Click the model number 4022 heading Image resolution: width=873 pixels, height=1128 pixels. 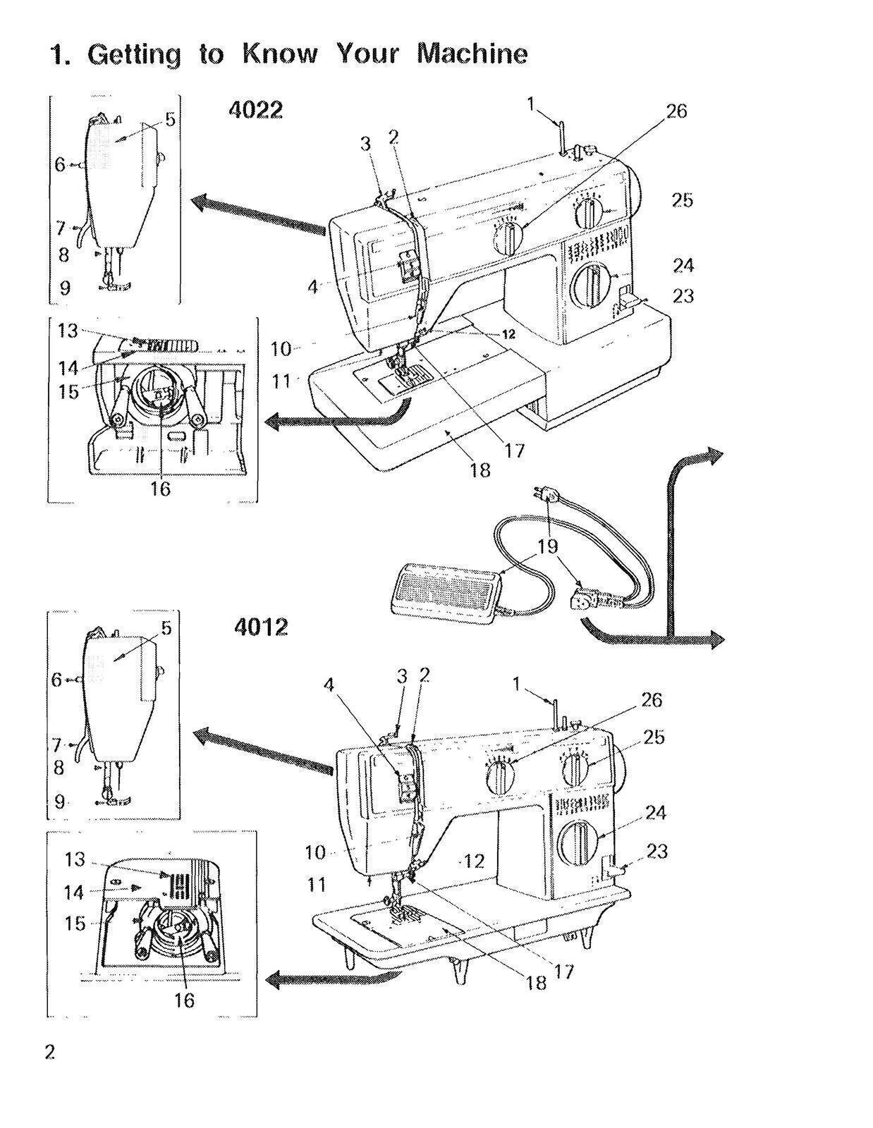(256, 111)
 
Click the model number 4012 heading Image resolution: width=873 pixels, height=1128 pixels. (260, 627)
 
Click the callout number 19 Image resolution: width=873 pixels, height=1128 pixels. (548, 546)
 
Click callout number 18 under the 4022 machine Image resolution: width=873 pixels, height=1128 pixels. (480, 470)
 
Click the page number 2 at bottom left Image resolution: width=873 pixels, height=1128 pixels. (50, 1053)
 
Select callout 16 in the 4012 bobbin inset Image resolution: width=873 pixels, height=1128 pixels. (184, 1000)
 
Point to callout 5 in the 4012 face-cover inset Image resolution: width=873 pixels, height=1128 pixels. (166, 627)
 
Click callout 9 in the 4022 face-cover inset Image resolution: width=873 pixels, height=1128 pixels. (65, 288)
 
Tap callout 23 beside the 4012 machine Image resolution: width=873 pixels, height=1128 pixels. (657, 852)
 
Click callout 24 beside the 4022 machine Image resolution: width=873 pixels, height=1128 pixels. (683, 265)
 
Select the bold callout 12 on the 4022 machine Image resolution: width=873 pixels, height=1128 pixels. (508, 335)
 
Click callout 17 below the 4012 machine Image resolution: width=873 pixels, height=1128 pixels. (564, 971)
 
